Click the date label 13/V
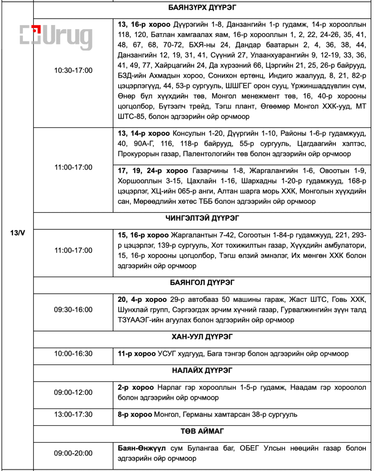[x=17, y=233]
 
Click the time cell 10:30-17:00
[x=73, y=70]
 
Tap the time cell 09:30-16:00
[x=73, y=310]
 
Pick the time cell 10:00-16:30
[x=73, y=354]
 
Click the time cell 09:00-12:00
[x=73, y=392]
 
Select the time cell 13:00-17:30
[x=73, y=414]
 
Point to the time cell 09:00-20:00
[x=73, y=453]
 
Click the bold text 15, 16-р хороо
[x=143, y=235]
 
